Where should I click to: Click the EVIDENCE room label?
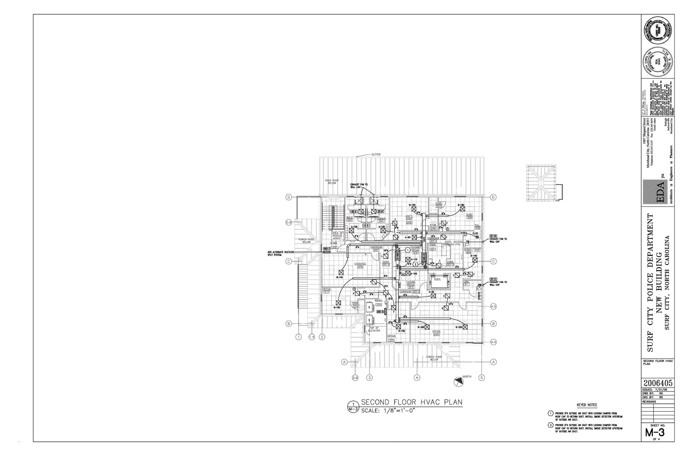point(360,264)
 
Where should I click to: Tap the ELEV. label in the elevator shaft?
point(437,279)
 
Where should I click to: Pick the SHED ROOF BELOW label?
point(331,182)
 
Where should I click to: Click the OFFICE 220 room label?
point(436,333)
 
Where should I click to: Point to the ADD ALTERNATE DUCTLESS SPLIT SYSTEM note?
point(281,253)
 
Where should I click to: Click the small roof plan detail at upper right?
point(541,183)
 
